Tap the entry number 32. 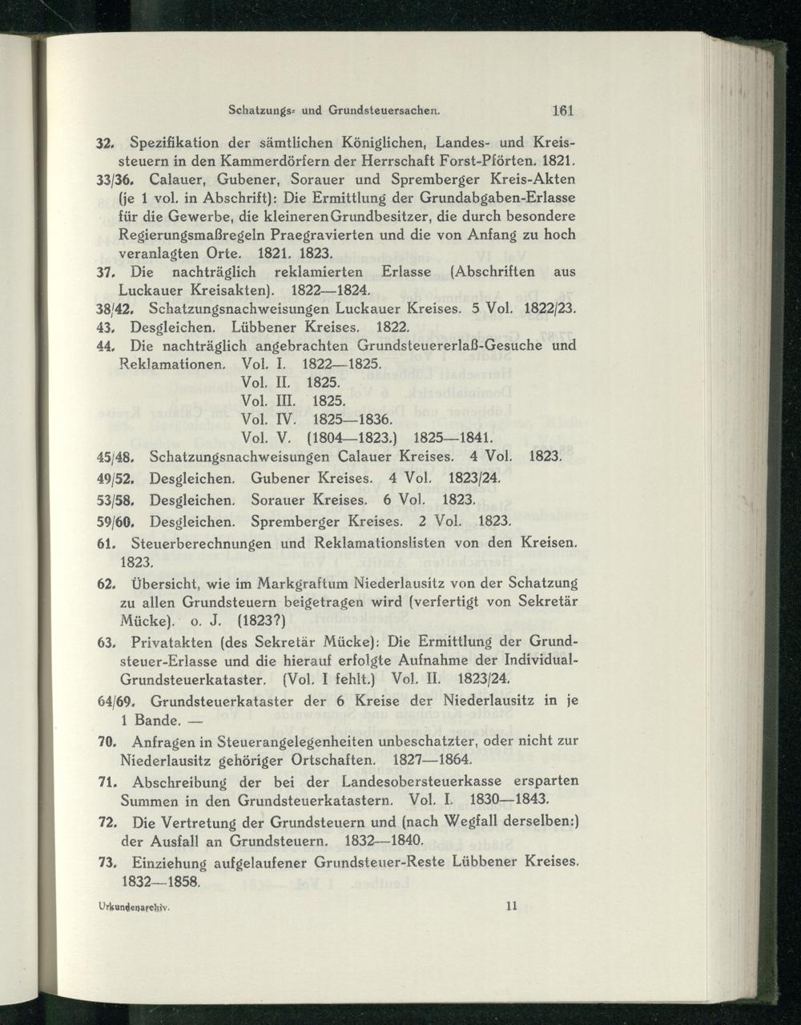click(x=106, y=143)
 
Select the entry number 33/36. click(x=115, y=180)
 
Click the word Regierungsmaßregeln click(x=191, y=235)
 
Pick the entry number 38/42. click(x=115, y=308)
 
